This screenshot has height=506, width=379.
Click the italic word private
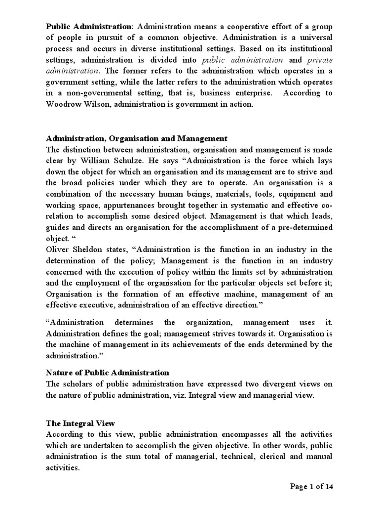coord(318,60)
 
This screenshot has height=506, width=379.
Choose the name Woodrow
coord(65,105)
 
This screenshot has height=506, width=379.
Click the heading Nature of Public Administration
coord(107,372)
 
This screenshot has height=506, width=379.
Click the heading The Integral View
coord(80,423)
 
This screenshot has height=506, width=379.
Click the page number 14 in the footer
coord(328,487)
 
